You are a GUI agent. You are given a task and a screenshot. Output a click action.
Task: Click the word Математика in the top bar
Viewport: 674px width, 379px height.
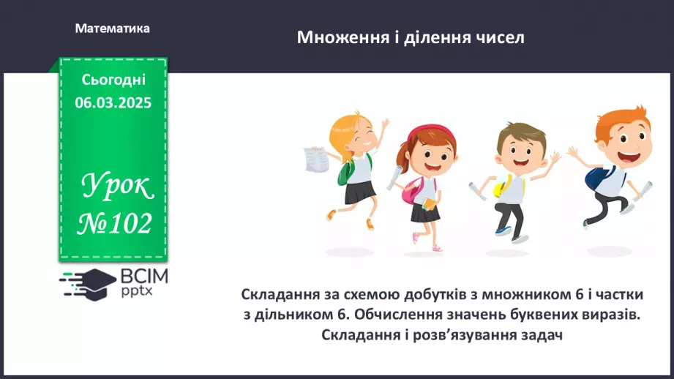click(x=112, y=29)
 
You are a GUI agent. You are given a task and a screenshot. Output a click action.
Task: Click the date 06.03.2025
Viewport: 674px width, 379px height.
click(x=113, y=103)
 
